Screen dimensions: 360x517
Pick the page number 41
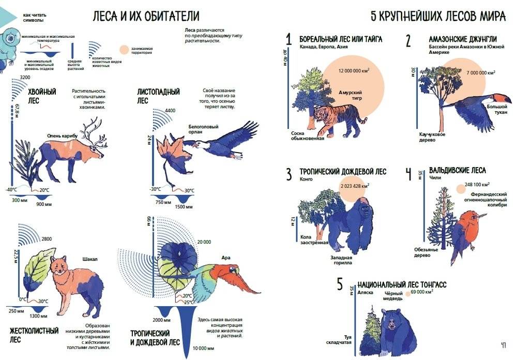point(503,345)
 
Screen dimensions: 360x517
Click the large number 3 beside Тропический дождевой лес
point(289,174)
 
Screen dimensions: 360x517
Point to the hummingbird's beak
point(482,214)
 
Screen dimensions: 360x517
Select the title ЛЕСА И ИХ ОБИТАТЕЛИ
point(146,16)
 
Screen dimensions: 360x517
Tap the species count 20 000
point(203,242)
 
